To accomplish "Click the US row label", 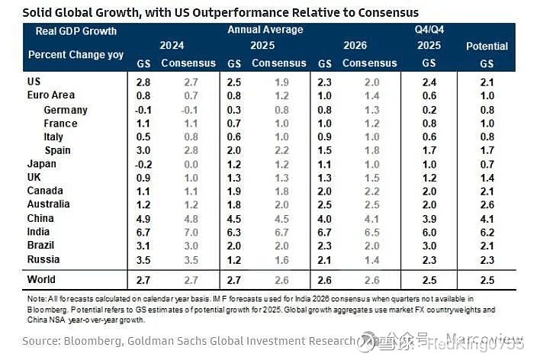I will (34, 82).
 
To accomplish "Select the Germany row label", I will (65, 110).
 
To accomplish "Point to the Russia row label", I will (43, 260).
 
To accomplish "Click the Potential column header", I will (487, 47).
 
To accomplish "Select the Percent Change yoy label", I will (76, 55).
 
